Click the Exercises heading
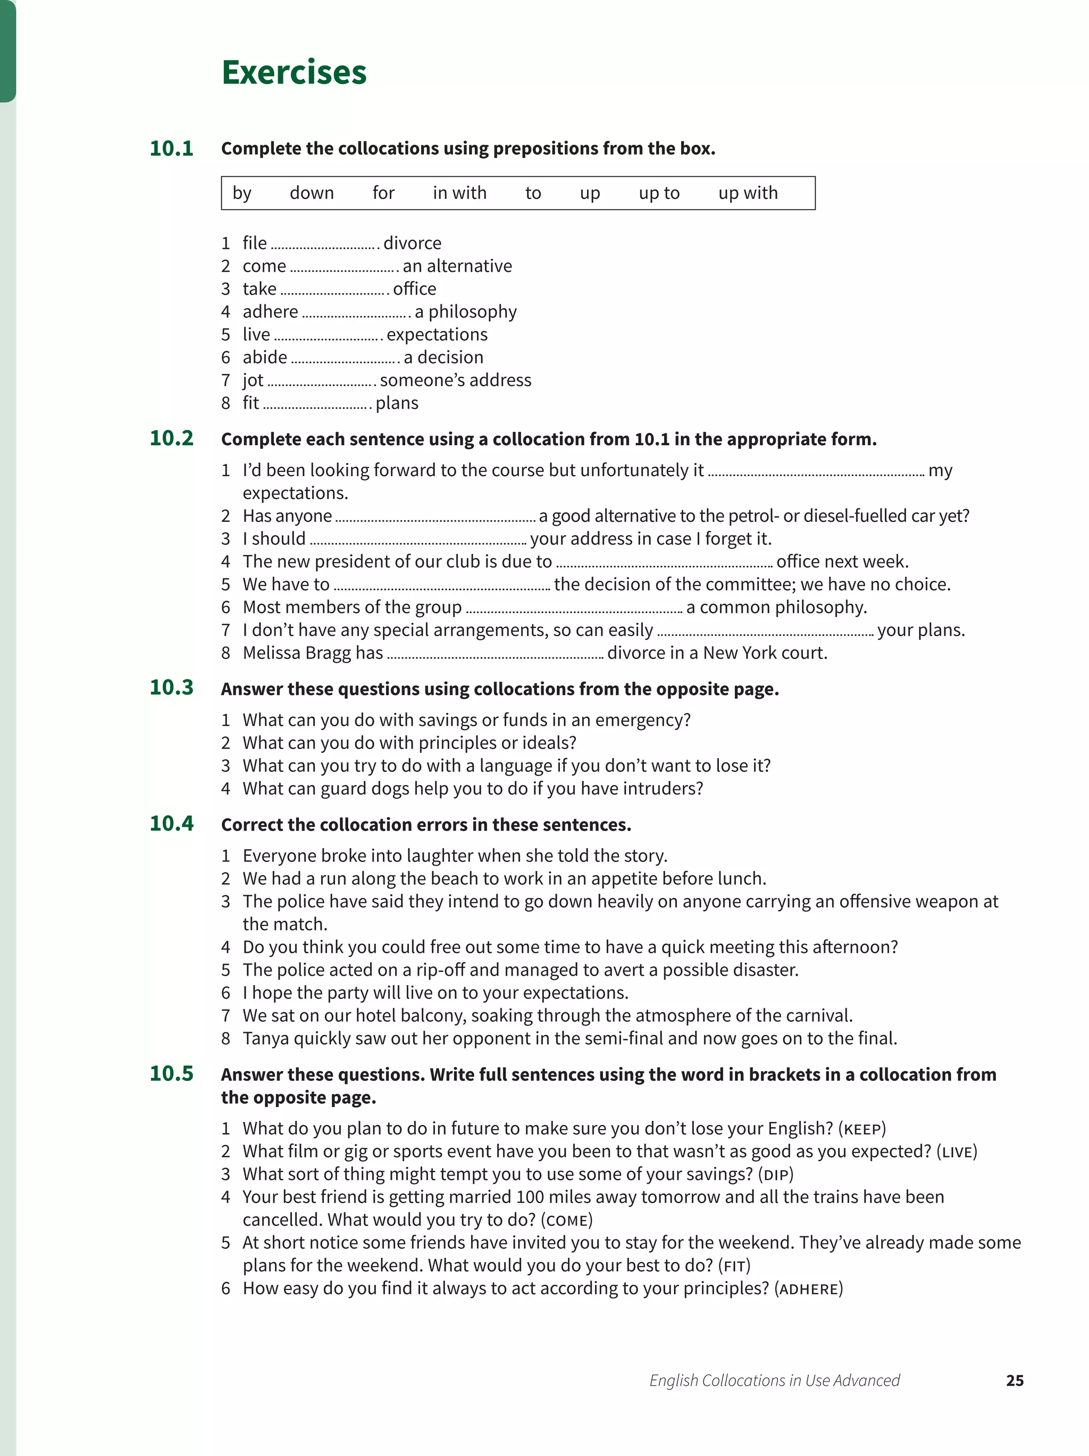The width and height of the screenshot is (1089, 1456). point(294,72)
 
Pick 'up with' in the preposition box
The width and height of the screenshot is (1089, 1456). point(748,193)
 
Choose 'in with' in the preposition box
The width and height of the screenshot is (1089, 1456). point(459,193)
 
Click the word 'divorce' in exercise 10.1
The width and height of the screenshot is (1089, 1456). point(412,243)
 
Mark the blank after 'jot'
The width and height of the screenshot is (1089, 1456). point(321,381)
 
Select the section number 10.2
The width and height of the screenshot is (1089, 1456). point(171,438)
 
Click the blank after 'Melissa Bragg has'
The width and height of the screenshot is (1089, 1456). point(495,654)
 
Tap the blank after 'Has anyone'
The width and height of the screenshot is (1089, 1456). point(435,517)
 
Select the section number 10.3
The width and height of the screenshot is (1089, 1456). point(171,687)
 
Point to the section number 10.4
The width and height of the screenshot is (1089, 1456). point(171,823)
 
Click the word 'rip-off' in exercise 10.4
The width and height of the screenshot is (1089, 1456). point(439,970)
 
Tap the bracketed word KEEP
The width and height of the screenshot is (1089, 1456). point(862,1129)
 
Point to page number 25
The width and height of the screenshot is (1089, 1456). point(1014,1380)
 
